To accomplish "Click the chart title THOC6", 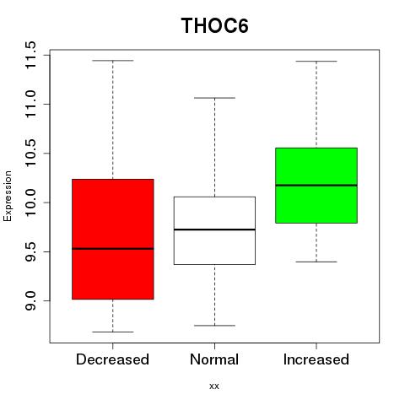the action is point(214,25).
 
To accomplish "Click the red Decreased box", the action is point(113,239).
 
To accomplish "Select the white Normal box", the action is point(214,230).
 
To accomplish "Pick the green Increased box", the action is point(316,186).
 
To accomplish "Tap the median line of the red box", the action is point(113,249).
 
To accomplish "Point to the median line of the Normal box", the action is point(214,229).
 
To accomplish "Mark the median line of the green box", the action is point(316,185).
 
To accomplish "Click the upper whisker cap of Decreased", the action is point(113,61).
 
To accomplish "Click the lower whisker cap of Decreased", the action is point(113,332).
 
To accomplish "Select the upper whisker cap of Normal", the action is point(214,98).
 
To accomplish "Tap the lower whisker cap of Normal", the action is point(214,326).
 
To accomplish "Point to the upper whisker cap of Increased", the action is point(316,61).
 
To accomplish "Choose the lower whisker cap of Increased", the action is point(316,262).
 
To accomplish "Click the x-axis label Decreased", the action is point(112,359).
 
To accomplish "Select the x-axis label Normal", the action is point(214,359).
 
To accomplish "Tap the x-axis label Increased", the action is point(316,359).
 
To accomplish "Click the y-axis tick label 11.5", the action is point(30,55).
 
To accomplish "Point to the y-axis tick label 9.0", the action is point(30,301).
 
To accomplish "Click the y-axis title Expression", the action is point(8,196).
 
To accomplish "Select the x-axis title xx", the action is point(214,386).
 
